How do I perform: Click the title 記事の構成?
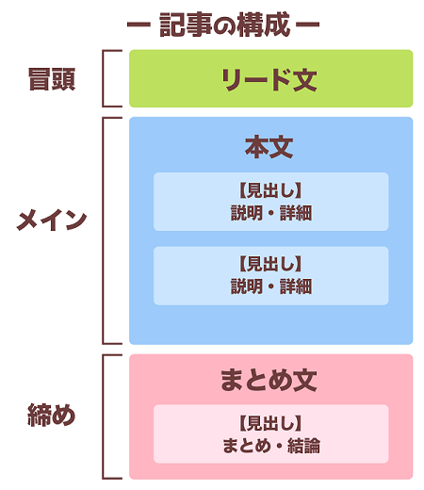coord(224,24)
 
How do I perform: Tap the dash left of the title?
coord(139,24)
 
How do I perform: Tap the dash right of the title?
coord(308,24)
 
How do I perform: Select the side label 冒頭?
coord(52,79)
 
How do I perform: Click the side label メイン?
coord(52,220)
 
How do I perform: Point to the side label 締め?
coord(52,415)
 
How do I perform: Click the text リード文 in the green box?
coord(269,80)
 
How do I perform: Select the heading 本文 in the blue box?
coord(269,147)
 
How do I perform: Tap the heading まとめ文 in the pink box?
coord(269,380)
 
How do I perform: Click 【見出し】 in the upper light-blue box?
coord(270,190)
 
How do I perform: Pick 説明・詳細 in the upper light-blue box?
coord(271,213)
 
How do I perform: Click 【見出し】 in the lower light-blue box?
coord(270,264)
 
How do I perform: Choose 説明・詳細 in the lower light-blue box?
coord(271,286)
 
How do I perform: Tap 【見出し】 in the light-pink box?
coord(270,423)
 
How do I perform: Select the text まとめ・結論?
coord(271,446)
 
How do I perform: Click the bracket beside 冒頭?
coord(103,78)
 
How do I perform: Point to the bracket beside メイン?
coord(103,231)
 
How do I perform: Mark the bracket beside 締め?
coord(103,416)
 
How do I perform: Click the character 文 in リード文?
coord(305,80)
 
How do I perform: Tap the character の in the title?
coord(224,25)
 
